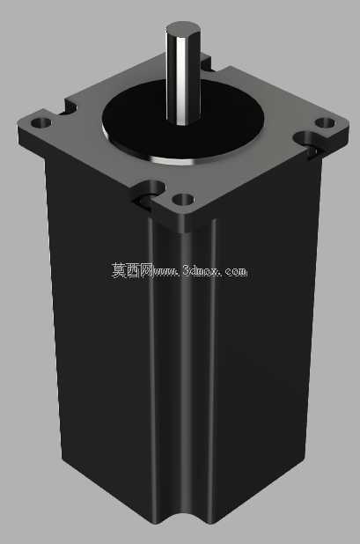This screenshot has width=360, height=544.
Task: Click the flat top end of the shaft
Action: pyautogui.click(x=182, y=28)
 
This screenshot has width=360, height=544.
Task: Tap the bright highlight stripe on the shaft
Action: pyautogui.click(x=181, y=80)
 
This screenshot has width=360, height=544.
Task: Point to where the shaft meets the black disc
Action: pyautogui.click(x=183, y=122)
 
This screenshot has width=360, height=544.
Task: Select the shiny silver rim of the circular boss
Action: pyautogui.click(x=173, y=160)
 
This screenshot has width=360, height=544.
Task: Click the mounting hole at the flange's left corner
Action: pyautogui.click(x=40, y=122)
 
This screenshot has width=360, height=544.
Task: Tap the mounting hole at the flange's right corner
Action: pyautogui.click(x=325, y=122)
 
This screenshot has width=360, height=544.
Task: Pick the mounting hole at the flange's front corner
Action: pyautogui.click(x=183, y=200)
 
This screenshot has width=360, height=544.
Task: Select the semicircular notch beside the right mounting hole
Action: pyautogui.click(x=306, y=141)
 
